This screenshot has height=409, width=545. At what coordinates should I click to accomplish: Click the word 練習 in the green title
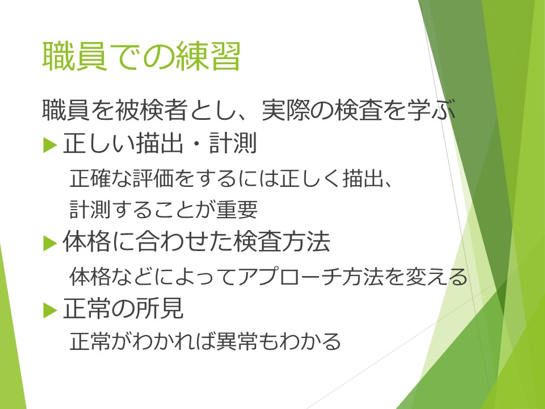(x=208, y=57)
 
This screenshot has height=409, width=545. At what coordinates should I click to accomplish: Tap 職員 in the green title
(x=74, y=57)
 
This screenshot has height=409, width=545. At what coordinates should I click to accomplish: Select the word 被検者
(x=152, y=110)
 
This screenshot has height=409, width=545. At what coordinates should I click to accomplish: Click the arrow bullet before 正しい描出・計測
(x=50, y=145)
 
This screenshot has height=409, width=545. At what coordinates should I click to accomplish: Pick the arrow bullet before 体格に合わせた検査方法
(x=50, y=243)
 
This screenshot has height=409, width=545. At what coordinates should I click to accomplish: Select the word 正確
(x=90, y=178)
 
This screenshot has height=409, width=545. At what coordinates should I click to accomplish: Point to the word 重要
(x=237, y=210)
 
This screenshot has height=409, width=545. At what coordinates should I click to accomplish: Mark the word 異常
(x=237, y=341)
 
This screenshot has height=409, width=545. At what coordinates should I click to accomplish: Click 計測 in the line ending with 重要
(x=90, y=210)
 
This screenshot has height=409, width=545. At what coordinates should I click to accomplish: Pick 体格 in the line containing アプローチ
(x=90, y=277)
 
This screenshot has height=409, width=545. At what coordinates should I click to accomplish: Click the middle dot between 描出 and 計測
(x=196, y=144)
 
